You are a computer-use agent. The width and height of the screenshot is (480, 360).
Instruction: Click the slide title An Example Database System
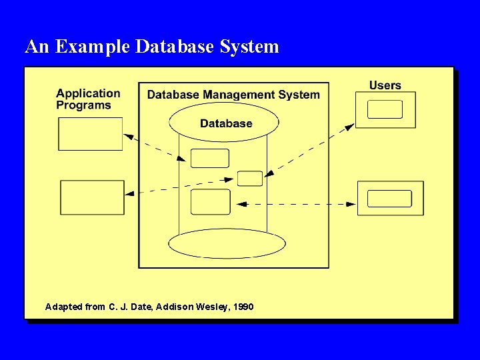pyautogui.click(x=152, y=47)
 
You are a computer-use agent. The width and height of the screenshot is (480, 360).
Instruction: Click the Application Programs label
pyautogui.click(x=88, y=99)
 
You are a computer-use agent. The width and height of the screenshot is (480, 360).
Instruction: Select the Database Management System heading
pyautogui.click(x=233, y=95)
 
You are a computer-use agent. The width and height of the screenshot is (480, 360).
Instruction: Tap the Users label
pyautogui.click(x=385, y=85)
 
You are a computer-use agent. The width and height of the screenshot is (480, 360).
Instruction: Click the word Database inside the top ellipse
pyautogui.click(x=226, y=123)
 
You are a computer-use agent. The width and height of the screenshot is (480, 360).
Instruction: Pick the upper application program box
pyautogui.click(x=91, y=134)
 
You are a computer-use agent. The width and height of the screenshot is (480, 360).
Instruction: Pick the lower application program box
pyautogui.click(x=92, y=197)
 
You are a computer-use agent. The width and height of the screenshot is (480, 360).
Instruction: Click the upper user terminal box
pyautogui.click(x=385, y=109)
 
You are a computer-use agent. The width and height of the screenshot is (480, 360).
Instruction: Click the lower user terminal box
pyautogui.click(x=390, y=198)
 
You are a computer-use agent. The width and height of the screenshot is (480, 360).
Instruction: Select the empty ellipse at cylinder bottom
pyautogui.click(x=217, y=244)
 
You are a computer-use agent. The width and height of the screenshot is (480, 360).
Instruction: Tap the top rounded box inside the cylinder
pyautogui.click(x=209, y=158)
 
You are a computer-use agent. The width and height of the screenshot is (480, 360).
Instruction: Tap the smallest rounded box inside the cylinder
pyautogui.click(x=250, y=178)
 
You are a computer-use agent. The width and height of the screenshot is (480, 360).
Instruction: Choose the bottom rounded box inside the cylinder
pyautogui.click(x=210, y=202)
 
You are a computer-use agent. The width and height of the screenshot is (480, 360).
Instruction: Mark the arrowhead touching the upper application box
pyautogui.click(x=128, y=137)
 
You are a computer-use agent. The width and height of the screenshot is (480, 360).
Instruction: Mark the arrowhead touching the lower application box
pyautogui.click(x=129, y=193)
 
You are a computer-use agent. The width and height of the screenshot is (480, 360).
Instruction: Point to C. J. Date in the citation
pyautogui.click(x=129, y=307)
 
